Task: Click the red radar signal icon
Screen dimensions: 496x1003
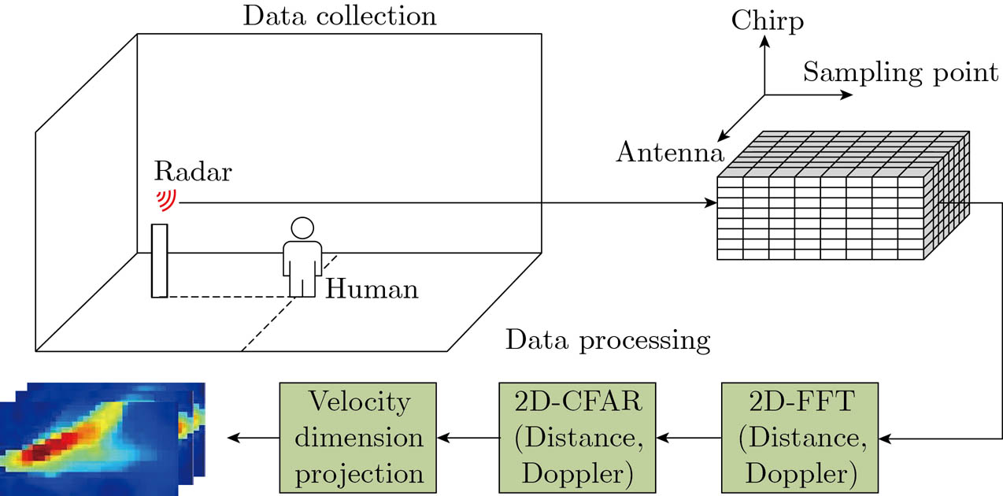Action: coord(166,198)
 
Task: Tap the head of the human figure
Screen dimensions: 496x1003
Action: coord(302,228)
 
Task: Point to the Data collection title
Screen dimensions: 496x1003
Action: coord(339,16)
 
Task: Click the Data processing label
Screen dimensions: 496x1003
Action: coord(608,340)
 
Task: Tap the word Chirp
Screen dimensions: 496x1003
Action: coord(767,20)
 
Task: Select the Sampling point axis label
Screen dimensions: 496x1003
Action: coord(900,73)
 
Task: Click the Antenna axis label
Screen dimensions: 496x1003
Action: coord(670,152)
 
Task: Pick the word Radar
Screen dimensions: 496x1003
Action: coord(193,171)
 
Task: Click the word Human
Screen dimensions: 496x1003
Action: coord(372,289)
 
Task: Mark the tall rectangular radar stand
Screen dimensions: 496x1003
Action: coord(160,261)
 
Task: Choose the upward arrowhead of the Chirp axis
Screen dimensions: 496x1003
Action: coord(764,46)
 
